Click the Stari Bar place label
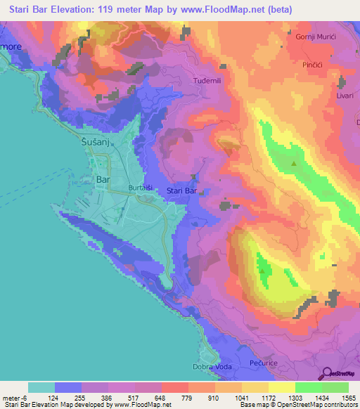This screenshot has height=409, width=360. coord(181,190)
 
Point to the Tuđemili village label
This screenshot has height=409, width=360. coord(207,81)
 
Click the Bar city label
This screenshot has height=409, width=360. coord(103,180)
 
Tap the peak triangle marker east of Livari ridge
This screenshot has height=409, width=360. coord(294,164)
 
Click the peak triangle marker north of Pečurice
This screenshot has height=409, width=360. coord(262,270)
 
